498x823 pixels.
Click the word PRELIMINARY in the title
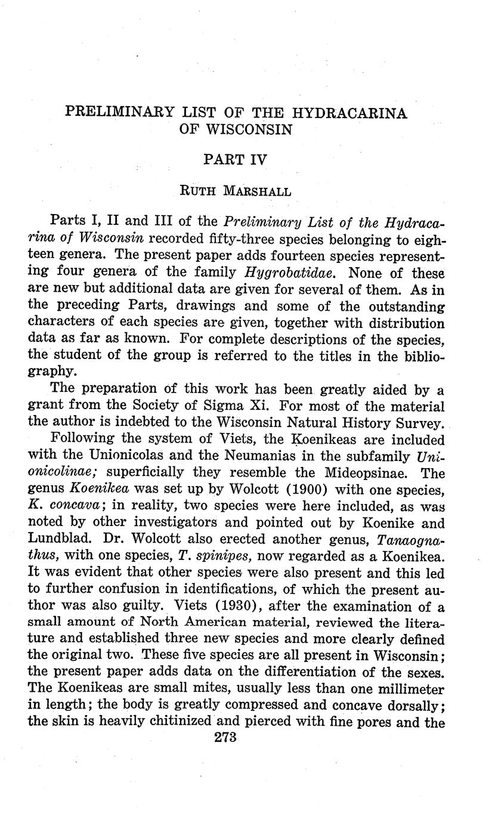119,112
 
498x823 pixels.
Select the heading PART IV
236,159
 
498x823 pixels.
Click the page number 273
225,737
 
